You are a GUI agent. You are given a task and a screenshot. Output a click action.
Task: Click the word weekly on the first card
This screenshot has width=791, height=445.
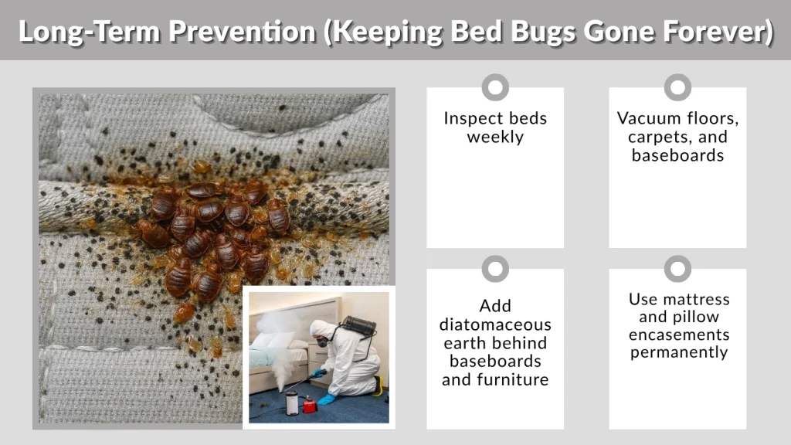[495, 138]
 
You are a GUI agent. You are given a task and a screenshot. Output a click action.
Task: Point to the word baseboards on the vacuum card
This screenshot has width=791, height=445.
[677, 155]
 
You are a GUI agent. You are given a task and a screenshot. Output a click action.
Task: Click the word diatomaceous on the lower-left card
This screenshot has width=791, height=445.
[495, 324]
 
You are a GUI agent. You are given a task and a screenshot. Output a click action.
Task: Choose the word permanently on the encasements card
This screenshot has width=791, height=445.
[677, 352]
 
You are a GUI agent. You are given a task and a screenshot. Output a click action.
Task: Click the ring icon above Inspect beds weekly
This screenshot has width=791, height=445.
[495, 87]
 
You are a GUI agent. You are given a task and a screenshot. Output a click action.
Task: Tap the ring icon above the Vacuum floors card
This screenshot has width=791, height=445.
[677, 87]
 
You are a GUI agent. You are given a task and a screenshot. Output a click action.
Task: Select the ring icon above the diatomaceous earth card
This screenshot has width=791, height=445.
[495, 269]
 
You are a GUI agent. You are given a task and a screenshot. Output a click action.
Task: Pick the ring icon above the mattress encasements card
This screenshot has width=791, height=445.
[677, 269]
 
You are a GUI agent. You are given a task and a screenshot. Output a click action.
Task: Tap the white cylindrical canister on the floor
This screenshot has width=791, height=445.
[292, 403]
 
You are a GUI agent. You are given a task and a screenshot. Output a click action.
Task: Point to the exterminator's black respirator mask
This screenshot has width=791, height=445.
[323, 343]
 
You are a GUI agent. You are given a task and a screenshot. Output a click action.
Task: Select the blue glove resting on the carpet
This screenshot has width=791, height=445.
[327, 399]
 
